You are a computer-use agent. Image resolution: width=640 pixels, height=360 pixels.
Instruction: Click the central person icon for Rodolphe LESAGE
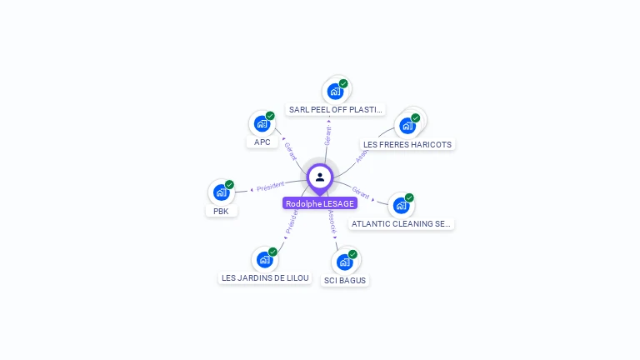[x=320, y=177]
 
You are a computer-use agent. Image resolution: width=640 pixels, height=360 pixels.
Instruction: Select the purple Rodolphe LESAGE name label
[x=320, y=203]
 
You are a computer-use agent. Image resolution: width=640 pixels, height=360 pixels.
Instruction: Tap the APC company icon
[x=262, y=124]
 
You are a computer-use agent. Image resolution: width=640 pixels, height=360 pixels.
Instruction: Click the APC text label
[x=262, y=142]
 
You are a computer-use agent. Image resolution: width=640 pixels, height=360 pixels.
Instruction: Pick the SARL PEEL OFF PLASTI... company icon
[x=336, y=91]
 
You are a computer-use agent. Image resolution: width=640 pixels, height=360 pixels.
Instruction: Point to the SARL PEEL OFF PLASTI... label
[x=336, y=109]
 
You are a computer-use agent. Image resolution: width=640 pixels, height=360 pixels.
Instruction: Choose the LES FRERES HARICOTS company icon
[x=407, y=126]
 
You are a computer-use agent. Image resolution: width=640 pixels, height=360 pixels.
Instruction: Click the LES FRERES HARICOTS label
[x=407, y=144]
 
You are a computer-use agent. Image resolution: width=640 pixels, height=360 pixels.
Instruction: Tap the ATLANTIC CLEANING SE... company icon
[x=401, y=205]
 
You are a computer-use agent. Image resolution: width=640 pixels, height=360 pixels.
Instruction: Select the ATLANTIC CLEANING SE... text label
[x=402, y=223]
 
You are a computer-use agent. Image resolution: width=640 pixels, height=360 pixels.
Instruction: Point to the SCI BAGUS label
[x=345, y=280]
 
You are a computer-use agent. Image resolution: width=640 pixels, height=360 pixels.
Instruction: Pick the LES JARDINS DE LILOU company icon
[x=265, y=259]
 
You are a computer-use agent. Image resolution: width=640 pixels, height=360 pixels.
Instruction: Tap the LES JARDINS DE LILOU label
[x=265, y=277]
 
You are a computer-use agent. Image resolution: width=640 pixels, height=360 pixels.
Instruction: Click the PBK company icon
[x=222, y=192]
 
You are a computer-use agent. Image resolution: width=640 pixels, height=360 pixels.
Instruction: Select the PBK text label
[x=221, y=211]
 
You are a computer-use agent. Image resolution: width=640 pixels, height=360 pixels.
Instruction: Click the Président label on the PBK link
[x=270, y=187]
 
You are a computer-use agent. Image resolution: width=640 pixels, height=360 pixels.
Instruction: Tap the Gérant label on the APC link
[x=290, y=151]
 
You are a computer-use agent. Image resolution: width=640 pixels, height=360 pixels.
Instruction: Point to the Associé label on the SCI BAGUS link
[x=332, y=220]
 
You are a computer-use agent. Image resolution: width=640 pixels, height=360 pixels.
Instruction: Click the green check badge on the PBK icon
[x=229, y=185]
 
